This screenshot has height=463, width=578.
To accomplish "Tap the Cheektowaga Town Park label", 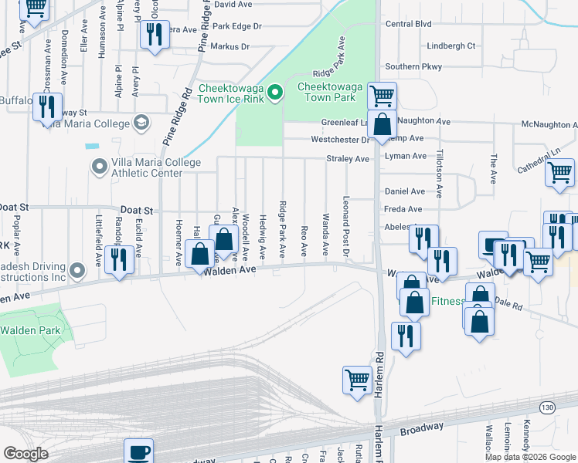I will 326,93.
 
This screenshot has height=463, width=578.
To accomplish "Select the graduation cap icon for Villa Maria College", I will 141,123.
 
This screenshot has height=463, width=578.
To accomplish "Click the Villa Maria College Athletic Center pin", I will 99,167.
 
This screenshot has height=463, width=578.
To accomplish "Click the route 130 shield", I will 548,406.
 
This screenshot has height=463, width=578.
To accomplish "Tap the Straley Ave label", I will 351,158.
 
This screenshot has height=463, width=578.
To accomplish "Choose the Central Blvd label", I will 408,24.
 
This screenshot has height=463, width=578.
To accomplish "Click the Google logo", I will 25,454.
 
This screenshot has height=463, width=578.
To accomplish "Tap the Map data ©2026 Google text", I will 530,457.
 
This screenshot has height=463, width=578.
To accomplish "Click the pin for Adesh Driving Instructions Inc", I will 77,271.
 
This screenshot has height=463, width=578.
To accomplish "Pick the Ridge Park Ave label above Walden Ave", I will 283,229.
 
